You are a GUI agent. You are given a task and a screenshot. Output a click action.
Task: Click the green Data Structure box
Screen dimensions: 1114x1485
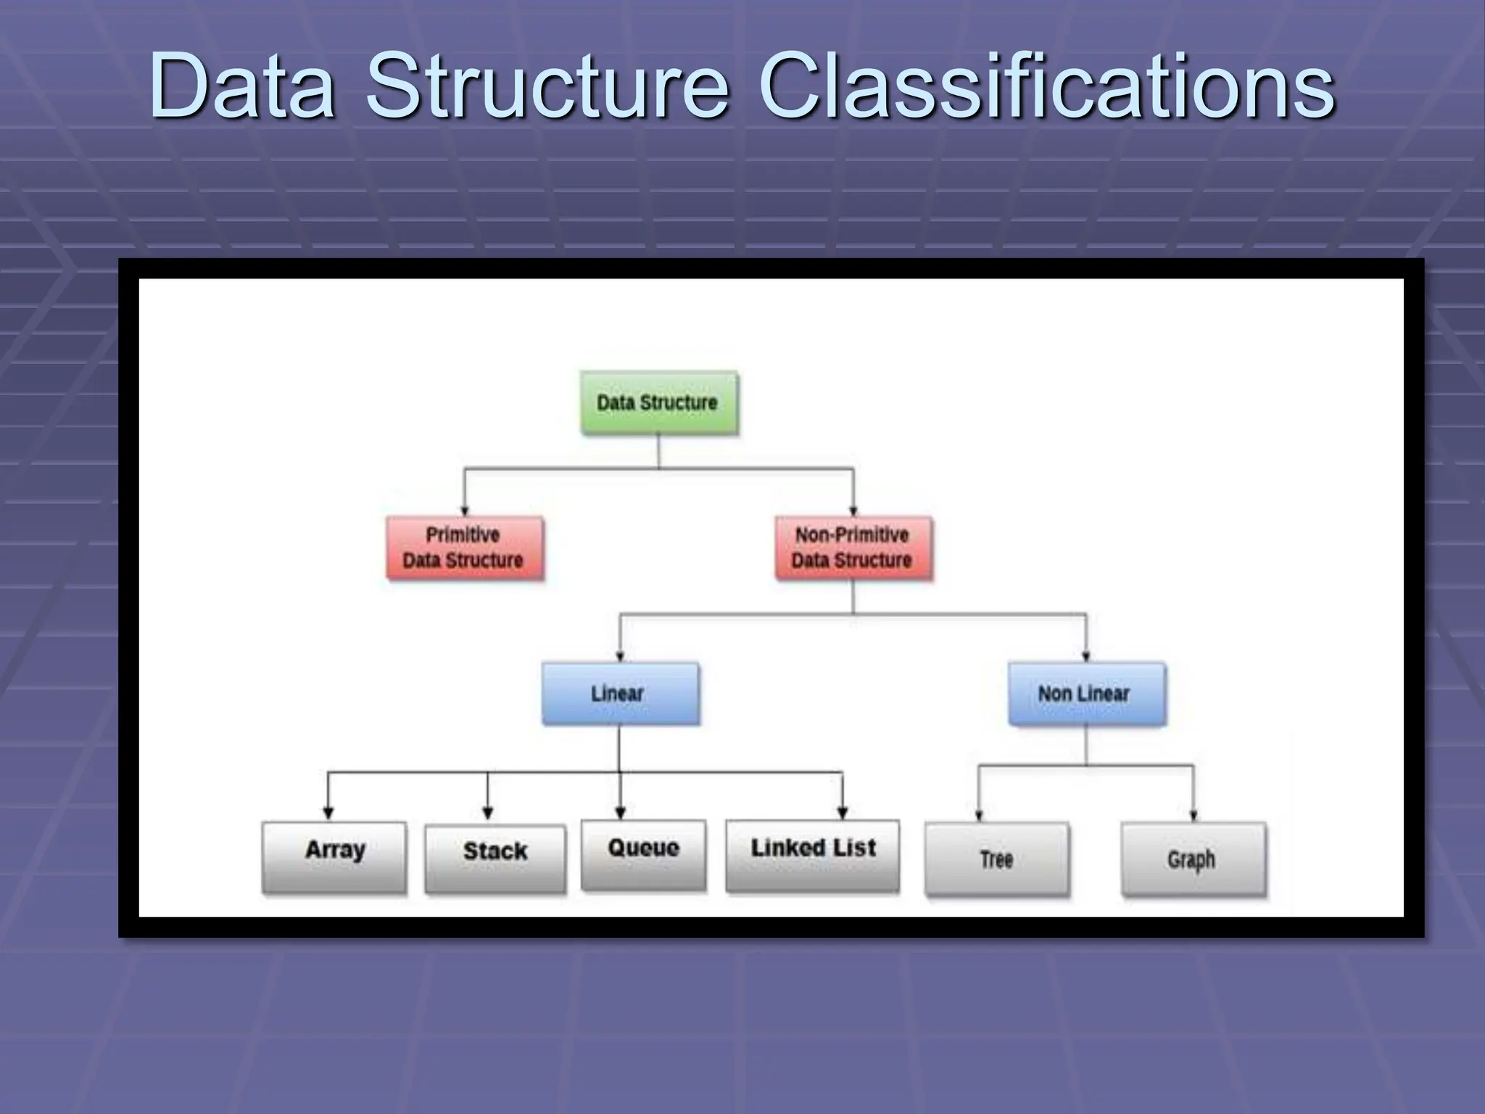[x=659, y=403]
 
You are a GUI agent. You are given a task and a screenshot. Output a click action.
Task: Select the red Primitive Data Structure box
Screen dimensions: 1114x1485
[x=464, y=548]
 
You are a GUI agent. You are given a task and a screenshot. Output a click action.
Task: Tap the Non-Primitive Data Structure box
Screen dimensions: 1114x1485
[x=853, y=548]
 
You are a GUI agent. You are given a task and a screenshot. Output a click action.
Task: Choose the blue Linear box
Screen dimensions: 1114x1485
[x=620, y=693]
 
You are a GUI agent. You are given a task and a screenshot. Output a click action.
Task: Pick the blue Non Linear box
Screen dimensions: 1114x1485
[x=1086, y=693]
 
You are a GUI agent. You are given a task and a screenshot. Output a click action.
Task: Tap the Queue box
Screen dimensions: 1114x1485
[x=643, y=854]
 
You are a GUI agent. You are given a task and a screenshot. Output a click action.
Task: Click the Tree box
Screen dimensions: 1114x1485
[x=997, y=859]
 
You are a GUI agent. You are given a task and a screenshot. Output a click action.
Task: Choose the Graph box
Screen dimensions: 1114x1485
[x=1193, y=859]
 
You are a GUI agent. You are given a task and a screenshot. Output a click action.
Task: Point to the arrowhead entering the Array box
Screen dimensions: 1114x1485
[x=328, y=812]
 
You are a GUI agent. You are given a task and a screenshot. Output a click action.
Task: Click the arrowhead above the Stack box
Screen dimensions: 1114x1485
[x=488, y=813]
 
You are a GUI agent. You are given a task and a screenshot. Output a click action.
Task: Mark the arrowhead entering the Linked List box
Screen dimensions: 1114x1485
[x=843, y=812]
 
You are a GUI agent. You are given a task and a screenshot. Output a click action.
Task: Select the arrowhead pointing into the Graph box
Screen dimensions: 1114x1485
[x=1194, y=815]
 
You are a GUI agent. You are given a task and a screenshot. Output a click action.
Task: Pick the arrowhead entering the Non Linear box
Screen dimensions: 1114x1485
[x=1086, y=656]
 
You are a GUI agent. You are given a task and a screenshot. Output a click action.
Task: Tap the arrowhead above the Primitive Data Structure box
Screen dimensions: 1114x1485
[x=465, y=511]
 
